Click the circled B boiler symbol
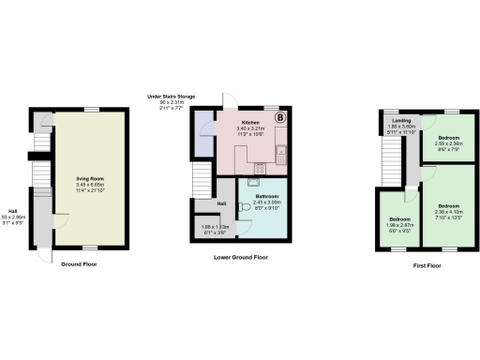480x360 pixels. click(278, 117)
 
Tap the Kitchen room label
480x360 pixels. click(249, 123)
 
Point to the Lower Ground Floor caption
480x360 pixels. click(241, 257)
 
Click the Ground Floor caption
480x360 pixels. click(79, 264)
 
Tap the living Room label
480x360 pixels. click(90, 178)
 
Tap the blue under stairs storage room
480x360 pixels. click(204, 136)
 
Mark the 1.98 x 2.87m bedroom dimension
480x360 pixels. click(399, 225)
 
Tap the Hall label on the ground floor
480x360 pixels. click(13, 211)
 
